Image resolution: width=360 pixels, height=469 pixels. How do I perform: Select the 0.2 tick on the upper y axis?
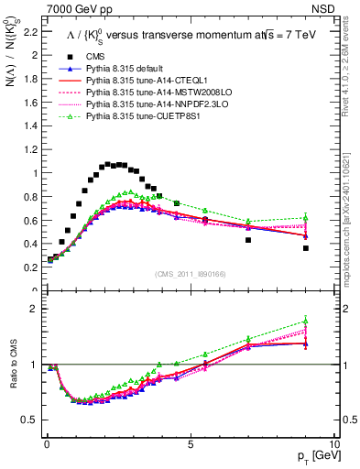30,267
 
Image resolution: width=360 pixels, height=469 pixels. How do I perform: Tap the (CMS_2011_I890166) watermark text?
191,273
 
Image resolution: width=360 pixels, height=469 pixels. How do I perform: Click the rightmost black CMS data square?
306,247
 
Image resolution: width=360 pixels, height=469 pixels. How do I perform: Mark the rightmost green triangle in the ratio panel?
306,321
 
